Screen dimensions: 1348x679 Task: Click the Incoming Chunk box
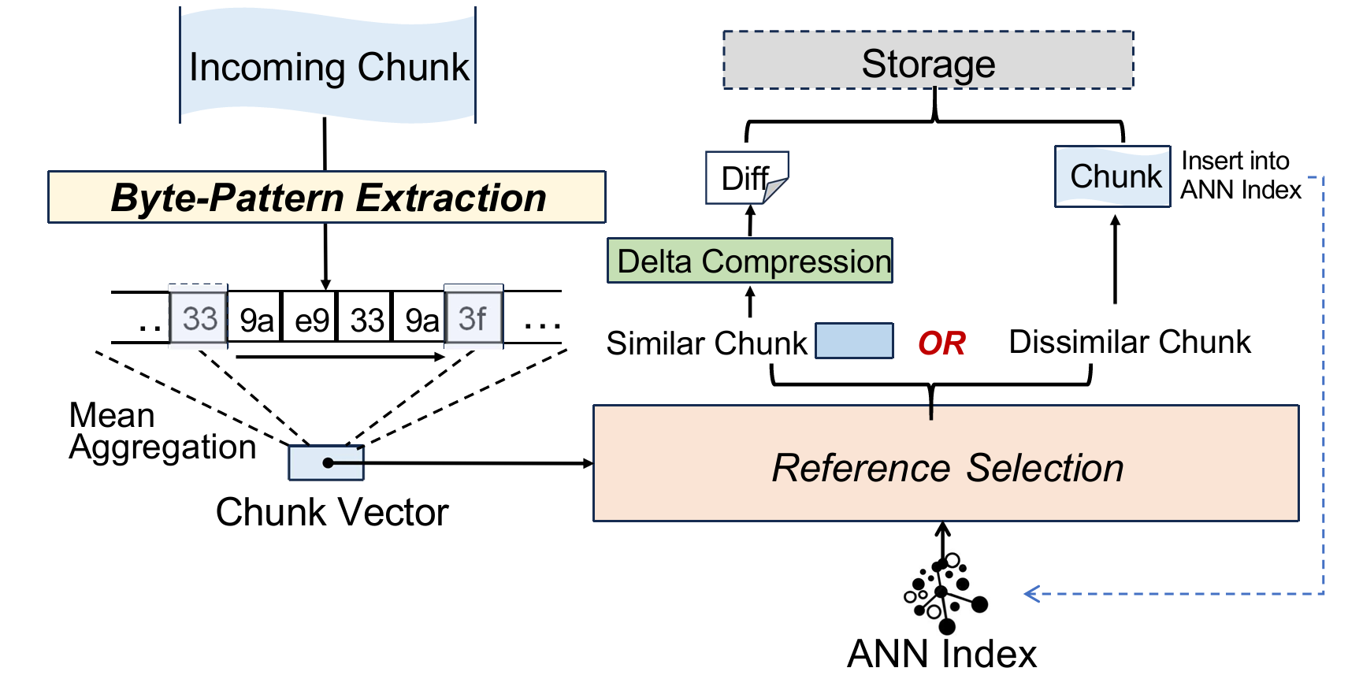(x=328, y=65)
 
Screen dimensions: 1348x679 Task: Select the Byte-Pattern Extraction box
(x=327, y=197)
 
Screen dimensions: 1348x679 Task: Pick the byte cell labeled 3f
(x=473, y=317)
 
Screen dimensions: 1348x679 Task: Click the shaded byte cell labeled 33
(x=199, y=317)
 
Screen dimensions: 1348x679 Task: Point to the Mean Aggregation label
(x=162, y=431)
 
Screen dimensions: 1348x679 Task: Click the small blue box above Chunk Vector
(x=326, y=462)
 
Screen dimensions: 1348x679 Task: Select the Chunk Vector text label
(x=332, y=513)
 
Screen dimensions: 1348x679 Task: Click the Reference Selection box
(x=946, y=463)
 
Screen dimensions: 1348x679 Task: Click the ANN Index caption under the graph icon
(x=941, y=654)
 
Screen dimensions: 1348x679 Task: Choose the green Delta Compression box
(x=750, y=261)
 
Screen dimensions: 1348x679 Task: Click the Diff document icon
(x=747, y=178)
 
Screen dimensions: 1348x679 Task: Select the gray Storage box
(x=928, y=60)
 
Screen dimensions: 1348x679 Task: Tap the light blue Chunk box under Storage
(x=1112, y=176)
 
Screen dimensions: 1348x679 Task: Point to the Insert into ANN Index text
(x=1241, y=175)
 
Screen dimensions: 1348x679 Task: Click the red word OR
(x=941, y=343)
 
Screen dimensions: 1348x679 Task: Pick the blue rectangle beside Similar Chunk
(x=854, y=340)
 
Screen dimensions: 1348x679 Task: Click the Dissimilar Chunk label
(x=1130, y=342)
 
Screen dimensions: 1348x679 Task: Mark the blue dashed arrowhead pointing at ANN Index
(x=1031, y=594)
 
